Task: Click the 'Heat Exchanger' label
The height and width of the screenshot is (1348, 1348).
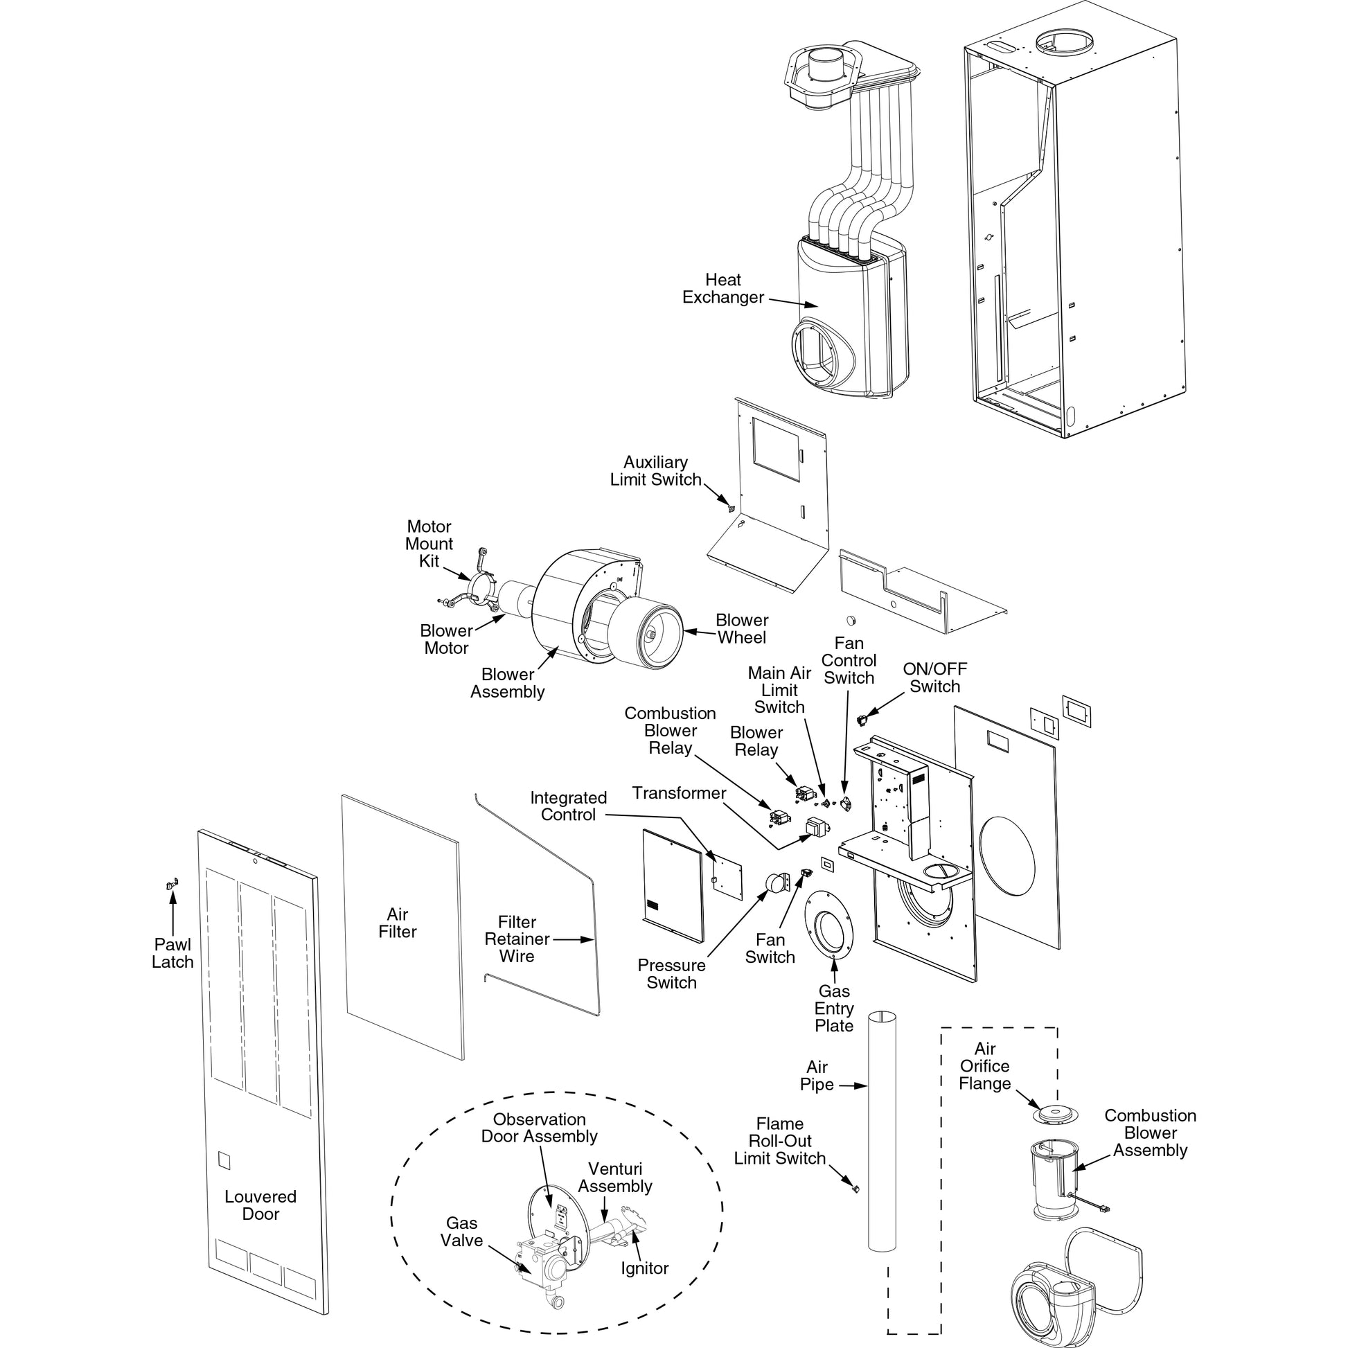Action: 723,289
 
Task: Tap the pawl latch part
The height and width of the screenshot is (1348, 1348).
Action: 172,885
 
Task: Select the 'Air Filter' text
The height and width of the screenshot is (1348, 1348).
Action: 397,923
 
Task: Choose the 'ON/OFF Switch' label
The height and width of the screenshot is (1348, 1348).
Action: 934,677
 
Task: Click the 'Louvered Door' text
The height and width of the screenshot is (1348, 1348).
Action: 260,1205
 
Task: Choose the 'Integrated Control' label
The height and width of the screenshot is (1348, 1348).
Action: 568,806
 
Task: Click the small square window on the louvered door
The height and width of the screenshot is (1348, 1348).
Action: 224,1159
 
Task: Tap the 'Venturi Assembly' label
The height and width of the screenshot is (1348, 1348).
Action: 614,1177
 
